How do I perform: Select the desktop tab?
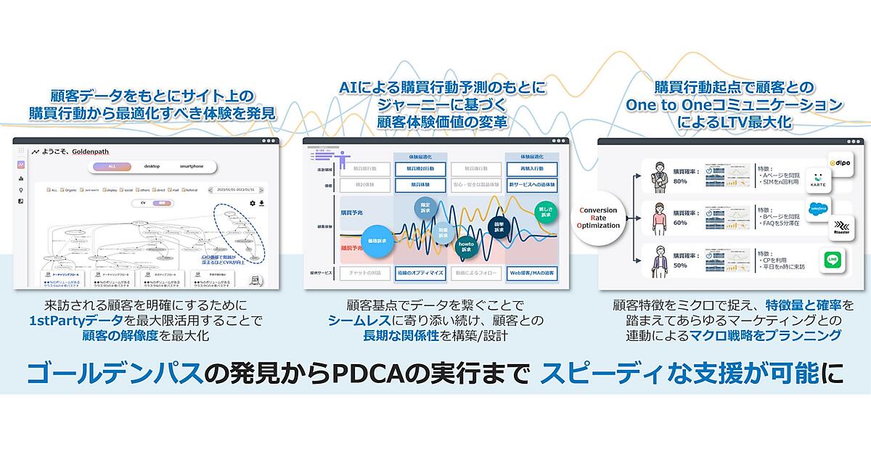pyautogui.click(x=151, y=166)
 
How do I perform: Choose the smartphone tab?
pyautogui.click(x=192, y=166)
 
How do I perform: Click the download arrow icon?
pyautogui.click(x=261, y=204)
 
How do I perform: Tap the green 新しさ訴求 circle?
pyautogui.click(x=543, y=213)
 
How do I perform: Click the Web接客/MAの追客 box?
pyautogui.click(x=531, y=273)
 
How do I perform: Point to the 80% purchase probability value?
pyautogui.click(x=680, y=181)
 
